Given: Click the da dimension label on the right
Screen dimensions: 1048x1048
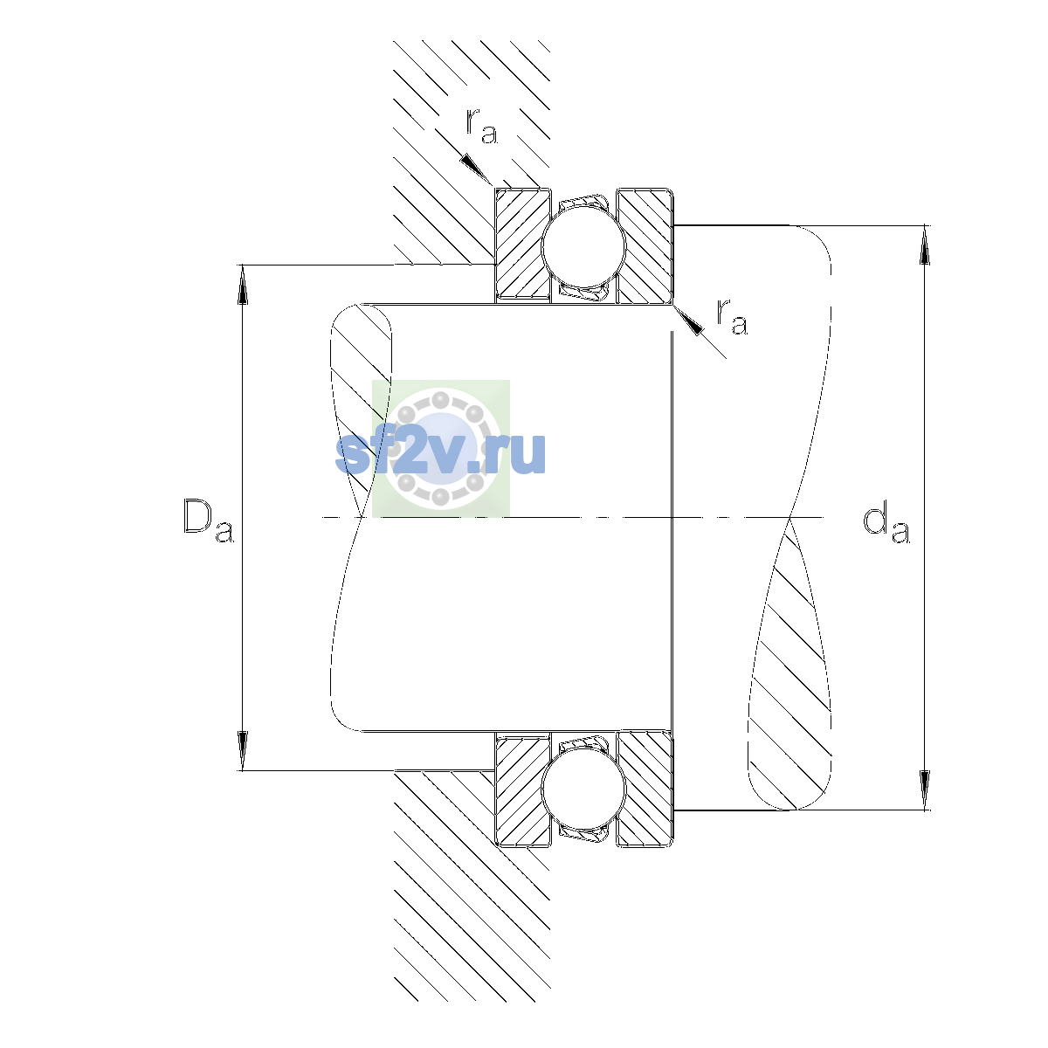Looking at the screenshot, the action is [x=886, y=525].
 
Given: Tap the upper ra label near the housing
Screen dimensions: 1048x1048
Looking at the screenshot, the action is [x=481, y=126].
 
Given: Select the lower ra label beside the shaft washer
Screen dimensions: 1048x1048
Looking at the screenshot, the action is [x=732, y=316].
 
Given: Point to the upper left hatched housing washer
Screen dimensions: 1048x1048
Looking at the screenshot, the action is [x=522, y=245].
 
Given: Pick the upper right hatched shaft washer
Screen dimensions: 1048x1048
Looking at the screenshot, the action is [x=645, y=245].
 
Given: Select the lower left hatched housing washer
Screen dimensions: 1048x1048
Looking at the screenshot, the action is [x=522, y=789].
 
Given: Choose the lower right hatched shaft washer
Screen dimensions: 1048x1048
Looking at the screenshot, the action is [x=645, y=789].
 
